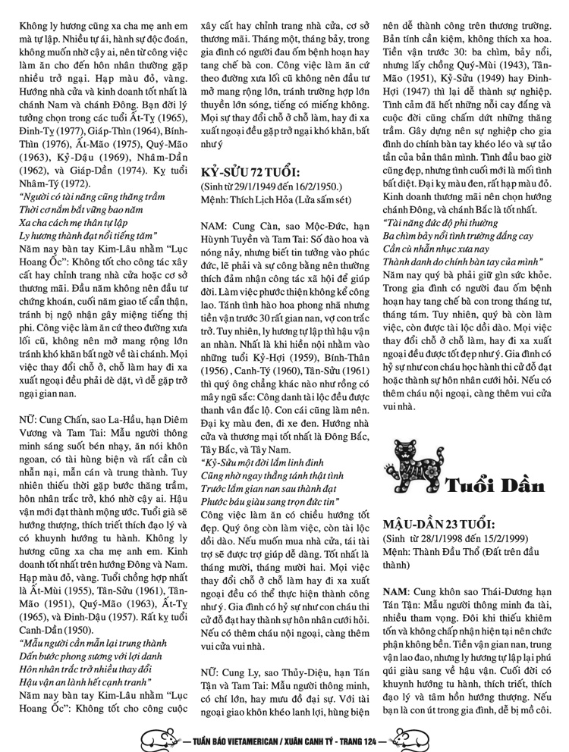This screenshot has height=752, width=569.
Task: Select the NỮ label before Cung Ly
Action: click(210, 672)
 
